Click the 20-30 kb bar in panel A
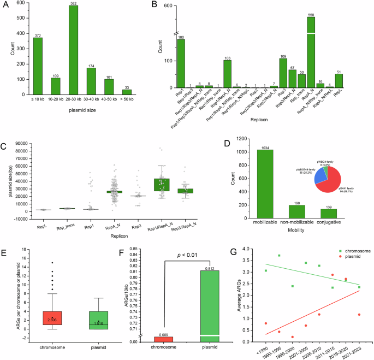(73, 50)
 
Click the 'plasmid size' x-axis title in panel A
(82, 110)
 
